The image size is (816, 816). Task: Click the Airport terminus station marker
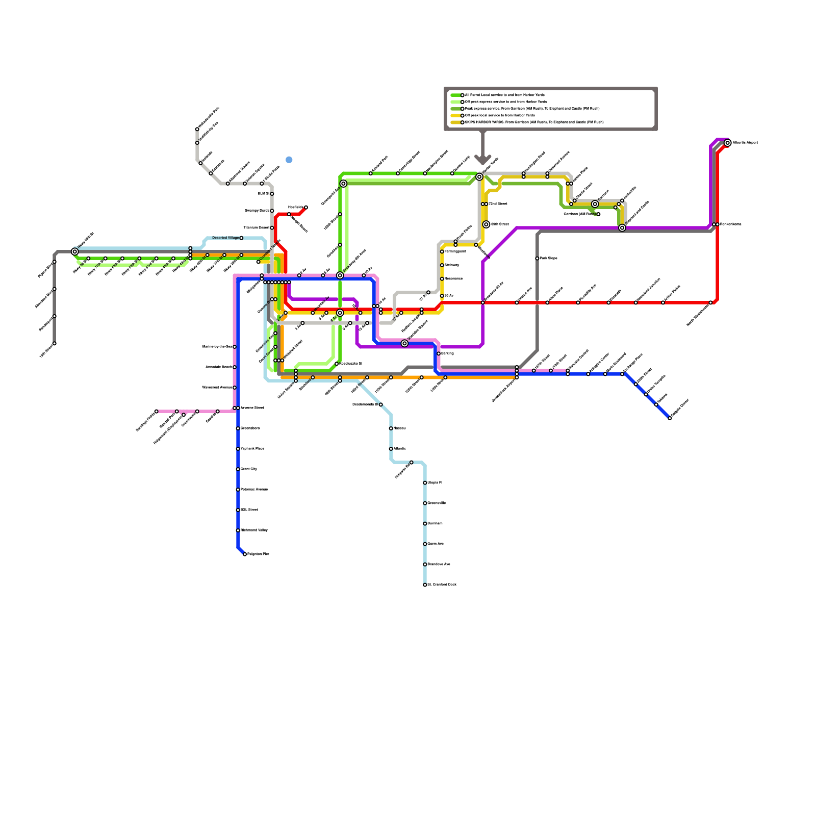click(728, 143)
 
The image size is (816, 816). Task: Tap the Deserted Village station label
click(225, 238)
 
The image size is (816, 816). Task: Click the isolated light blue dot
click(289, 160)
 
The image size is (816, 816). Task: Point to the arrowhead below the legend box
click(483, 159)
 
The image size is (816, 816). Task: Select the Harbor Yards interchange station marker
click(479, 177)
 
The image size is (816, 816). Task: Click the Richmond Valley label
click(254, 530)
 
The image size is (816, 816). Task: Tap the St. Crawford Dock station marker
click(425, 585)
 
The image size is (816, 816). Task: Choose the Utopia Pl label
click(435, 482)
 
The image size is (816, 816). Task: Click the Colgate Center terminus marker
click(670, 418)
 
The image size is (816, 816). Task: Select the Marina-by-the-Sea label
click(217, 347)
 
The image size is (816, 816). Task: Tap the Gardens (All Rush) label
click(579, 214)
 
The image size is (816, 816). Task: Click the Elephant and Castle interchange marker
click(622, 228)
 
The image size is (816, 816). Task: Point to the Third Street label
click(498, 204)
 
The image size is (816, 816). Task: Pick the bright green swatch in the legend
click(455, 95)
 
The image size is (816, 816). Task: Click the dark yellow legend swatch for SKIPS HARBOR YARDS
click(455, 122)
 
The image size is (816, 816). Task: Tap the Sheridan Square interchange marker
click(404, 344)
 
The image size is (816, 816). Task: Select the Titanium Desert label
click(256, 228)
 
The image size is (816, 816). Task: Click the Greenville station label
click(437, 503)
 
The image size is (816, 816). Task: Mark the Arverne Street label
click(252, 408)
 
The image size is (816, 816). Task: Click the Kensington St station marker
click(337, 364)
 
